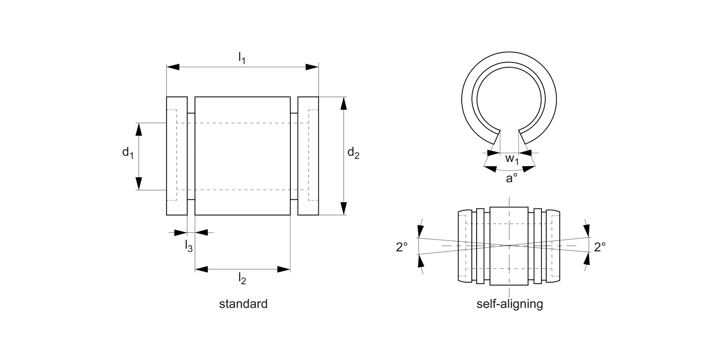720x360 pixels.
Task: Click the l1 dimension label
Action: [242, 58]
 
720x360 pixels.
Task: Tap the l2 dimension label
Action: [242, 278]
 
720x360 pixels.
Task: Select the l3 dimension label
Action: [189, 246]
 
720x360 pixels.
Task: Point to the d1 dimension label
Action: [127, 153]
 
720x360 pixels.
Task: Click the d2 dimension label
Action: [353, 153]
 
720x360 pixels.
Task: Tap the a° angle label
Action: [512, 178]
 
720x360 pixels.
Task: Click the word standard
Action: [243, 304]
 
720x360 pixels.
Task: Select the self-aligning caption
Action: [510, 304]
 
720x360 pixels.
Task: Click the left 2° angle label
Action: [402, 247]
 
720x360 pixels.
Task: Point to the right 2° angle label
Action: [600, 247]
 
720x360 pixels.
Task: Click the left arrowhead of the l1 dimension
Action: [173, 67]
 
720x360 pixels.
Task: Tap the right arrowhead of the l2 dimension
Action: [284, 269]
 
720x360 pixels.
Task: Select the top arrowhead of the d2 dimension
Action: [344, 103]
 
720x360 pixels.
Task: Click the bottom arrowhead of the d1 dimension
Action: [139, 183]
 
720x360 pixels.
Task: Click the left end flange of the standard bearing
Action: [177, 156]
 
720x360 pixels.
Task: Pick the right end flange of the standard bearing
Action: [308, 156]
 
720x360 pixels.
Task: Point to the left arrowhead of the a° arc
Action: [490, 168]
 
